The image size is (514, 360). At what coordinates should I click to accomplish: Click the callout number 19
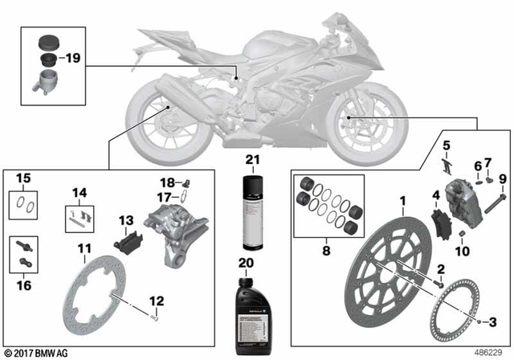[x=72, y=58]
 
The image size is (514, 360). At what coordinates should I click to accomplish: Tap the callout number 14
[x=78, y=193]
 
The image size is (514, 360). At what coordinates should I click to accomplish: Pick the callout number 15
[x=23, y=178]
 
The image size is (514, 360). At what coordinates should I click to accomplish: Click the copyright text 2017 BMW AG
[x=36, y=352]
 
